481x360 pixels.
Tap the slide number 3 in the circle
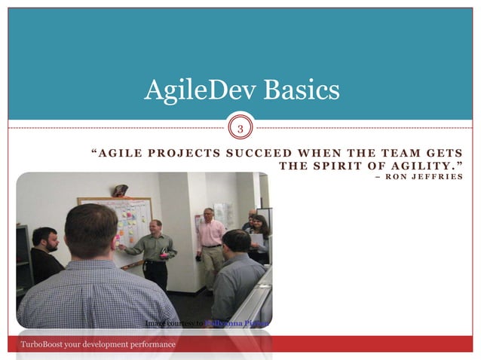coord(240,128)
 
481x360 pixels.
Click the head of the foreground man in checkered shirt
coord(90,230)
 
